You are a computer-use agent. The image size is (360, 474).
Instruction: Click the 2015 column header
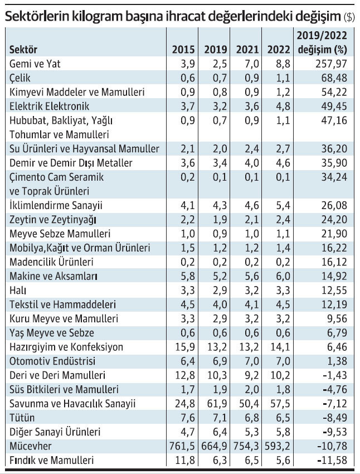183,49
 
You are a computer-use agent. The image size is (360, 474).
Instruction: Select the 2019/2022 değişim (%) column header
322,42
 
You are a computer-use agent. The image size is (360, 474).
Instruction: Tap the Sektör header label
23,49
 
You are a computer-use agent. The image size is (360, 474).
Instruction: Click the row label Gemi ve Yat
35,64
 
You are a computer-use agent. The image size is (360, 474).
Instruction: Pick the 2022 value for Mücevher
278,446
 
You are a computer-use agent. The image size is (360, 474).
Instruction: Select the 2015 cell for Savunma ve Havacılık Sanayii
185,404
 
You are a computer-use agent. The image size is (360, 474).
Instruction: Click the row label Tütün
22,418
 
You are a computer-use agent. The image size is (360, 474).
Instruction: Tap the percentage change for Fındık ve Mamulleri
332,461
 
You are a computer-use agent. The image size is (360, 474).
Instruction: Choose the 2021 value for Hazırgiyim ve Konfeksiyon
249,347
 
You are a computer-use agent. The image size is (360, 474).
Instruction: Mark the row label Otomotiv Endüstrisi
52,361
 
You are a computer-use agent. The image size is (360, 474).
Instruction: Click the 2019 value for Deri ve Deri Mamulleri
217,375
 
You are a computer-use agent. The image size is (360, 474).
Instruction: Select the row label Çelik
20,78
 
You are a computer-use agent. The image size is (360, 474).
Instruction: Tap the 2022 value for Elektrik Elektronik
283,107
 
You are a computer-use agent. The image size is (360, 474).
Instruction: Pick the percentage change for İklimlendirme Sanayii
334,206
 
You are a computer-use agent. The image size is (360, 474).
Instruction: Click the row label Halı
18,291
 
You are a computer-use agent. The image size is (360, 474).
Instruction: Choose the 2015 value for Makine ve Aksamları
188,276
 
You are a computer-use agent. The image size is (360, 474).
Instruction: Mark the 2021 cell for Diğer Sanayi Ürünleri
252,432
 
